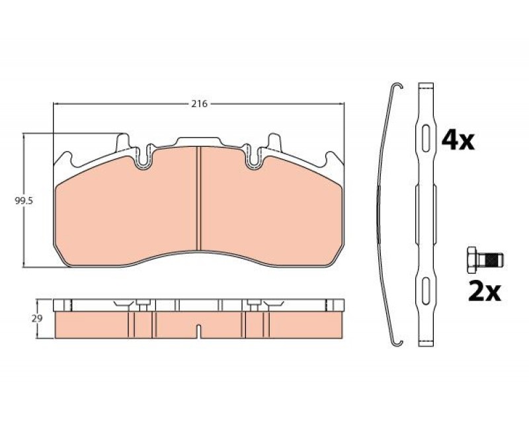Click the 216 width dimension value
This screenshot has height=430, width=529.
(x=199, y=104)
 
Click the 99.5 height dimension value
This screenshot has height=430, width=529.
(x=23, y=201)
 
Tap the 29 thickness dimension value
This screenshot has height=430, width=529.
(x=37, y=318)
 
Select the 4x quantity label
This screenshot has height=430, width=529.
(x=458, y=141)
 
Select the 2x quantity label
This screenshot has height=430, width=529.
(x=485, y=292)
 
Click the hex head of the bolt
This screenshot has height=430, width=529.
(x=472, y=259)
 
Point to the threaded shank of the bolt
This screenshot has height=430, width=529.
(x=490, y=259)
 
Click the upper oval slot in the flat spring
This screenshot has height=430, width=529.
(x=426, y=138)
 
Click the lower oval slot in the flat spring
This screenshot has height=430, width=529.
(x=426, y=290)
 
